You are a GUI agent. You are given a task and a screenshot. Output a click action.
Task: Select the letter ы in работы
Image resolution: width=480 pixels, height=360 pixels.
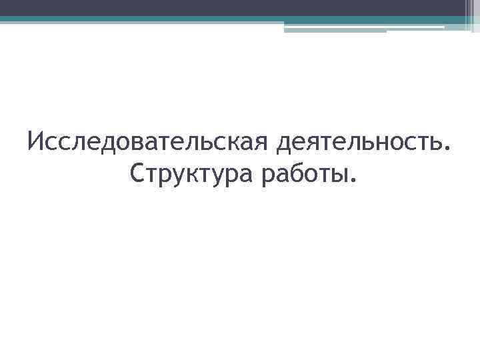click(337, 176)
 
